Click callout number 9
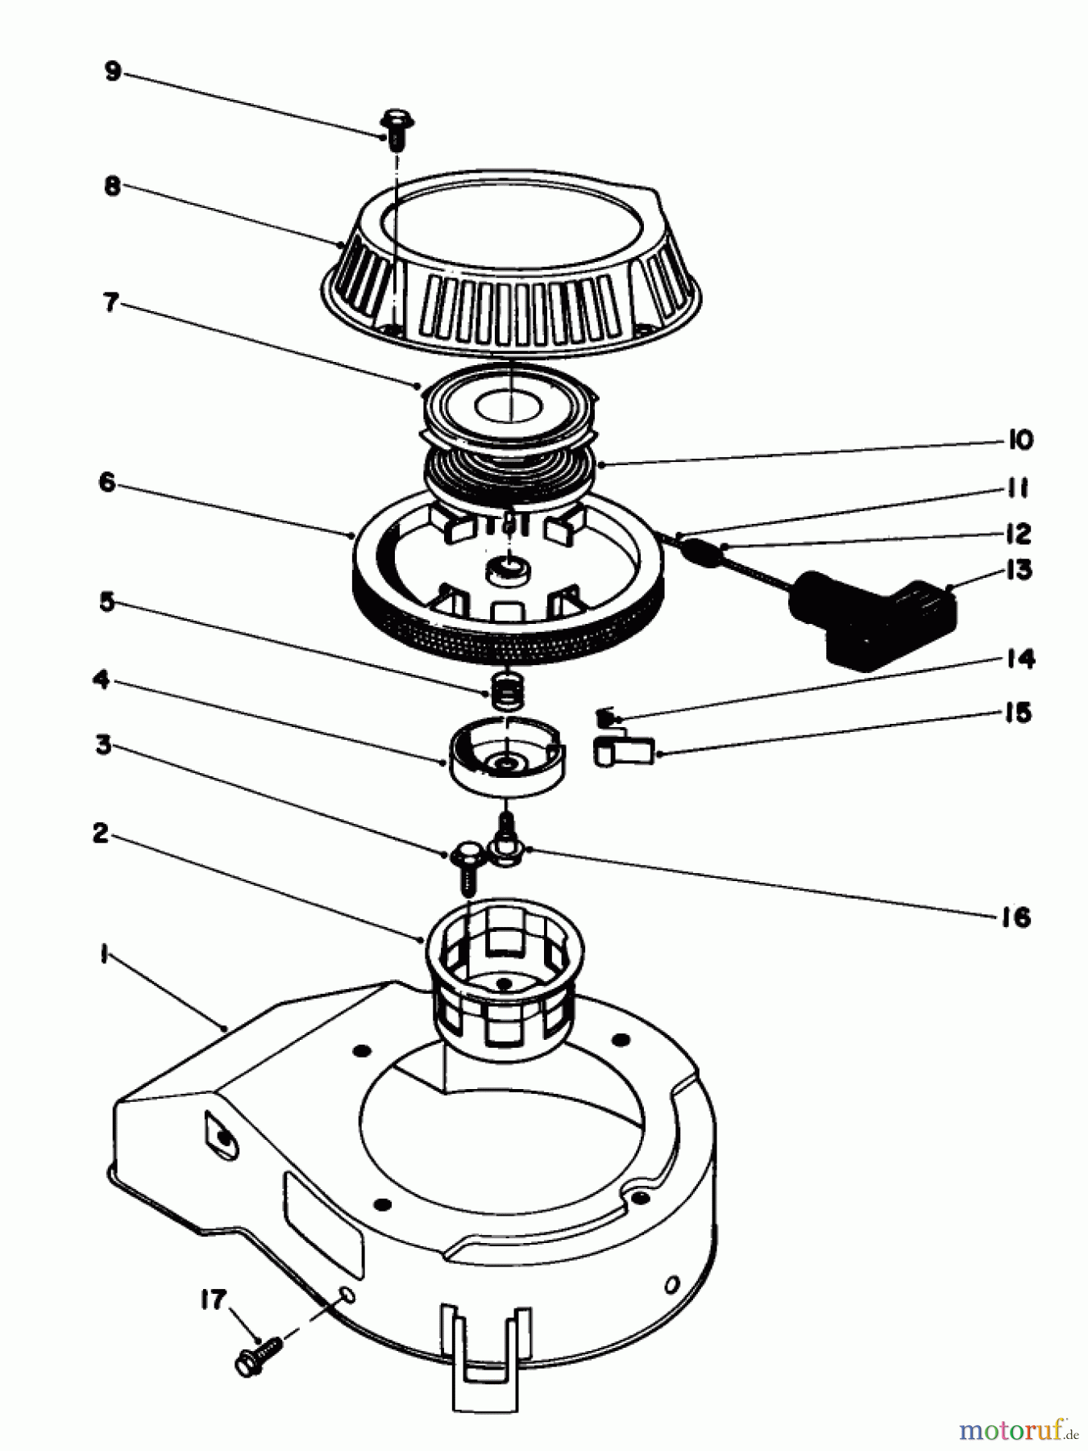(113, 71)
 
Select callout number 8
(112, 186)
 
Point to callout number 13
(1019, 570)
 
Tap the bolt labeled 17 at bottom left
(257, 1354)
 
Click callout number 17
(213, 1299)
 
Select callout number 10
(1019, 440)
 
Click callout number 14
(1019, 659)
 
